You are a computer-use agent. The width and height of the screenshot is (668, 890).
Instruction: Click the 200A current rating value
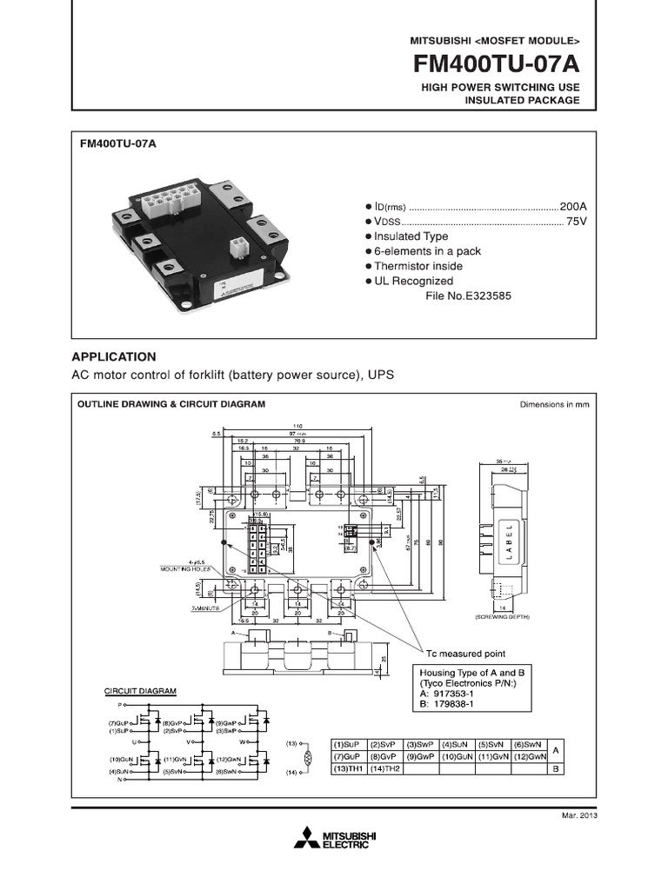pyautogui.click(x=573, y=206)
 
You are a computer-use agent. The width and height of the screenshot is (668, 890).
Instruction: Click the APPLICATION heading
pyautogui.click(x=114, y=356)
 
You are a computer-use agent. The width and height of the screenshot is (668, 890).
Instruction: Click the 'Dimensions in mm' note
pyautogui.click(x=555, y=404)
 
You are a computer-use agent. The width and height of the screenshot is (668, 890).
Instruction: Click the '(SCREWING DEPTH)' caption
pyautogui.click(x=502, y=616)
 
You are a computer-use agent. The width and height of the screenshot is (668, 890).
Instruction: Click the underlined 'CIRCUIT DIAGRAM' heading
pyautogui.click(x=140, y=691)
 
